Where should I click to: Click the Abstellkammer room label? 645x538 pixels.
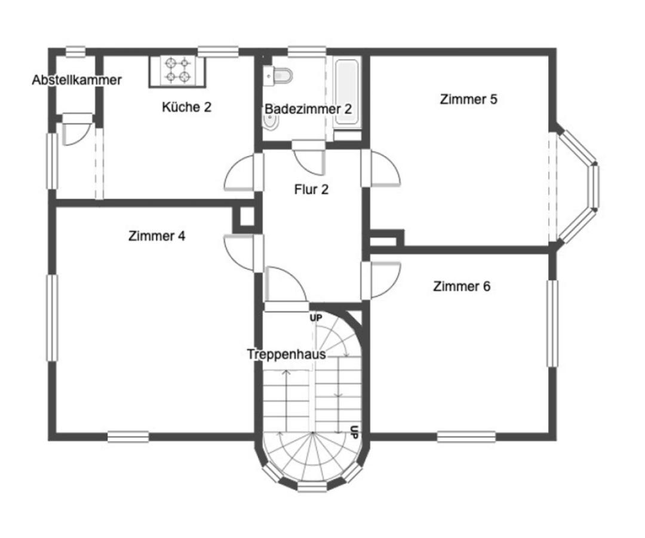76,80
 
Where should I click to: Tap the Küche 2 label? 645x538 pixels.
186,108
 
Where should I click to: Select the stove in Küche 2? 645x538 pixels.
177,70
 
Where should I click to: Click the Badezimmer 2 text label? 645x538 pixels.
308,109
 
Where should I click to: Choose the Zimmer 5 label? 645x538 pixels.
468,99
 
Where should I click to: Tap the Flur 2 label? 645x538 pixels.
311,190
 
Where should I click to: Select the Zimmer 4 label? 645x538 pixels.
156,236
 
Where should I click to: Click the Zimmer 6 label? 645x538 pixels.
462,286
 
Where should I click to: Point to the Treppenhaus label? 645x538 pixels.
286,354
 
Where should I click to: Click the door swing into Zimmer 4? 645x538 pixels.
243,252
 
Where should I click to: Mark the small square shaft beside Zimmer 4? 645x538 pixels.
245,219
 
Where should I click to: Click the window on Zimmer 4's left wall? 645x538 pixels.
53,318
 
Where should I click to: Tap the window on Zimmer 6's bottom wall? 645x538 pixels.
466,436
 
